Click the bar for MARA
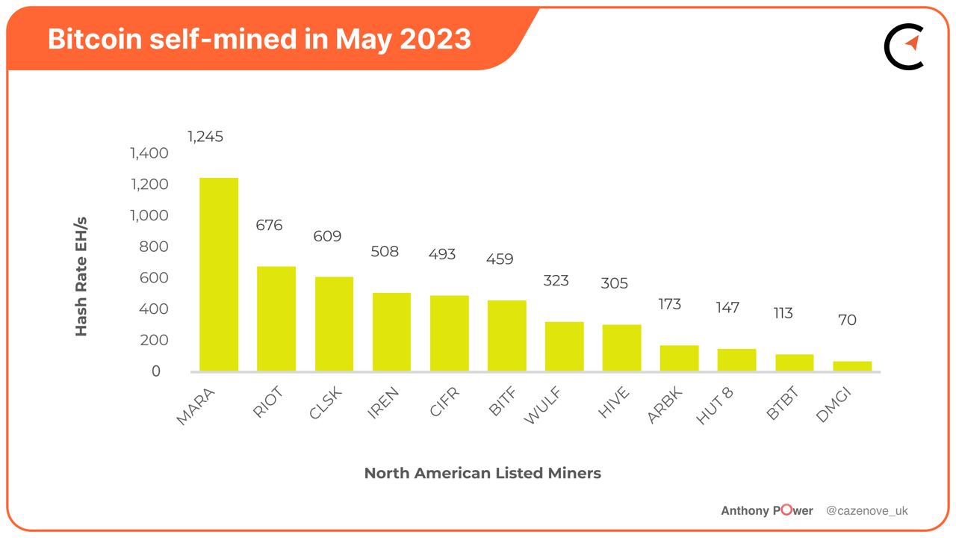(218, 274)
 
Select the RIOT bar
(276, 318)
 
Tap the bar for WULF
(564, 346)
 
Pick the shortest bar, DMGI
(852, 366)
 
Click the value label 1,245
(205, 137)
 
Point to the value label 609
(327, 236)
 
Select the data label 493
(442, 254)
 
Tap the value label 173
(669, 304)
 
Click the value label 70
(847, 320)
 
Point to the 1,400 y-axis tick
(149, 153)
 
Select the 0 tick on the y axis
(156, 371)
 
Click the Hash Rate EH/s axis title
(81, 276)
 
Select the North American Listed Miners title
(482, 473)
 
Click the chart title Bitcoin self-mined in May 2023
(259, 39)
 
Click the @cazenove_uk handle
(866, 511)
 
